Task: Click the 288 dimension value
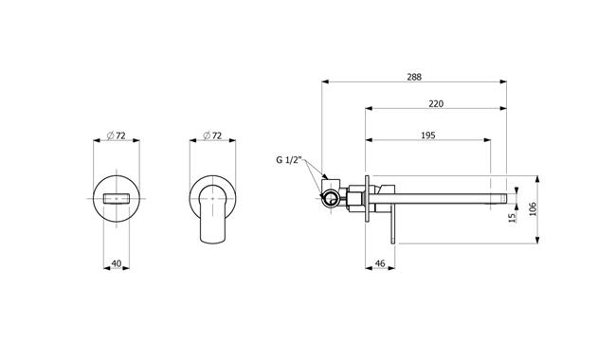pos(414,77)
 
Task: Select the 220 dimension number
pos(436,103)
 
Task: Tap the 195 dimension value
pos(427,135)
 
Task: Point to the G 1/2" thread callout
pos(289,160)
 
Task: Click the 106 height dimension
pos(533,209)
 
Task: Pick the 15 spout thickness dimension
pos(513,218)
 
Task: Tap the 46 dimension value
pos(380,263)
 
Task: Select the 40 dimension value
pos(117,263)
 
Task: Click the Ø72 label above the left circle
pos(117,135)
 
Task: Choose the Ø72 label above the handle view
pos(212,135)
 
